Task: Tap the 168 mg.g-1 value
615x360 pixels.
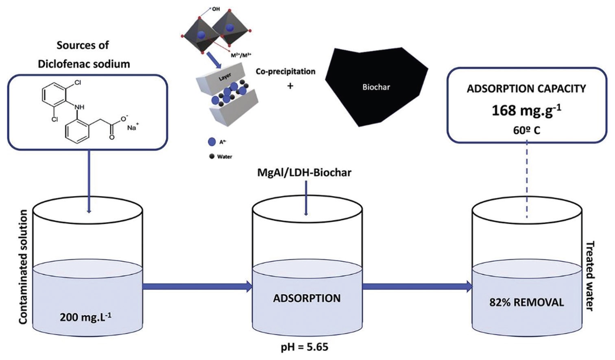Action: tap(526, 111)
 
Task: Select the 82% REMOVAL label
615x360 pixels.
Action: tap(526, 303)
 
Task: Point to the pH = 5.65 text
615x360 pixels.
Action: tap(305, 347)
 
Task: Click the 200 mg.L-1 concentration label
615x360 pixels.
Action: tap(86, 317)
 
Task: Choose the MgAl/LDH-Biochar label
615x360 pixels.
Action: tap(304, 172)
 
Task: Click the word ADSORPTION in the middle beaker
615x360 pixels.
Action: tap(307, 298)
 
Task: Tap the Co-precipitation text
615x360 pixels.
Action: tap(285, 72)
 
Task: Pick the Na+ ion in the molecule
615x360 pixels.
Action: tap(133, 127)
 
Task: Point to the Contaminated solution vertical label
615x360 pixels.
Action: tap(23, 267)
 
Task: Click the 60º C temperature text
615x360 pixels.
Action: tap(526, 131)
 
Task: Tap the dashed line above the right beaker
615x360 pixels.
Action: tap(527, 179)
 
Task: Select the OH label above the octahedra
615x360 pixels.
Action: tap(216, 9)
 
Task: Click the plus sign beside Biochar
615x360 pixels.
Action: tap(290, 86)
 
